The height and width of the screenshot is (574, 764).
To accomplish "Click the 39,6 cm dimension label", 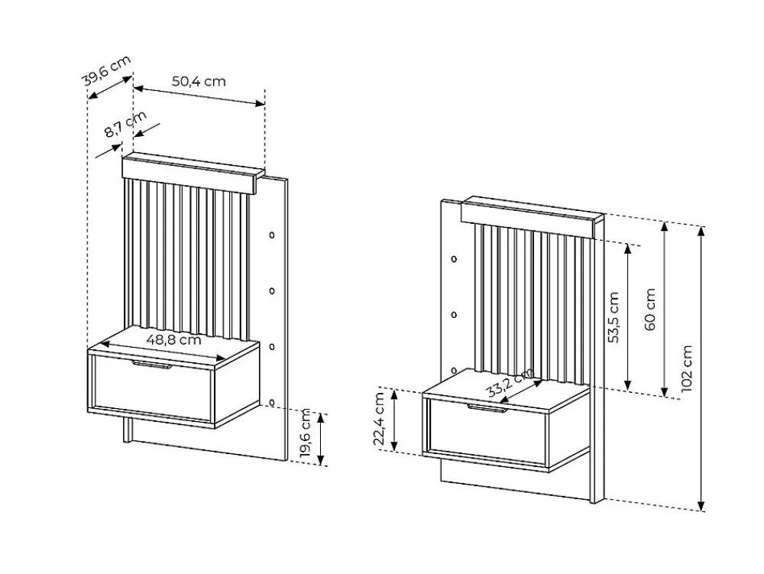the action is pos(107,70).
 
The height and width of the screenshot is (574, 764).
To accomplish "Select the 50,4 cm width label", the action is pos(199,81).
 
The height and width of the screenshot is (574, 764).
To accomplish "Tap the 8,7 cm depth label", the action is pos(125,125).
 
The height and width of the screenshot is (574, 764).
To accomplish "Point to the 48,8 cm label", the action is pos(173,339).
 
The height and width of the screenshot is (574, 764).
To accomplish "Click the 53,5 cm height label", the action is pos(614,317).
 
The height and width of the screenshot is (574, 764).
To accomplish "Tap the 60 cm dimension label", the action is pos(650,310).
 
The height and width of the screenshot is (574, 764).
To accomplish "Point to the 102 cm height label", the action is pos(687,368).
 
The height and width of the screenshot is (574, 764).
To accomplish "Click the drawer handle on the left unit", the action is pos(151,365).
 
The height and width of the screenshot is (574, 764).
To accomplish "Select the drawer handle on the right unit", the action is pos(487,408).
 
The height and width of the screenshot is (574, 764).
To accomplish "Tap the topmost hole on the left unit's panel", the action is pos(272,235).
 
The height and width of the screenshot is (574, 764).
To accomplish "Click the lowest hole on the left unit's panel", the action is pos(272,403).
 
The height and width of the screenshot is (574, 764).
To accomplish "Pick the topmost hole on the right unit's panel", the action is pos(454,259).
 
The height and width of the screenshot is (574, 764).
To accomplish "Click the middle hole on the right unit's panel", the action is pos(454,315).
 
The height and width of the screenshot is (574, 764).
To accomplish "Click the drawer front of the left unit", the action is pos(152,391).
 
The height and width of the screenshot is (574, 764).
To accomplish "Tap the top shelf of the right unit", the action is pos(532,216).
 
